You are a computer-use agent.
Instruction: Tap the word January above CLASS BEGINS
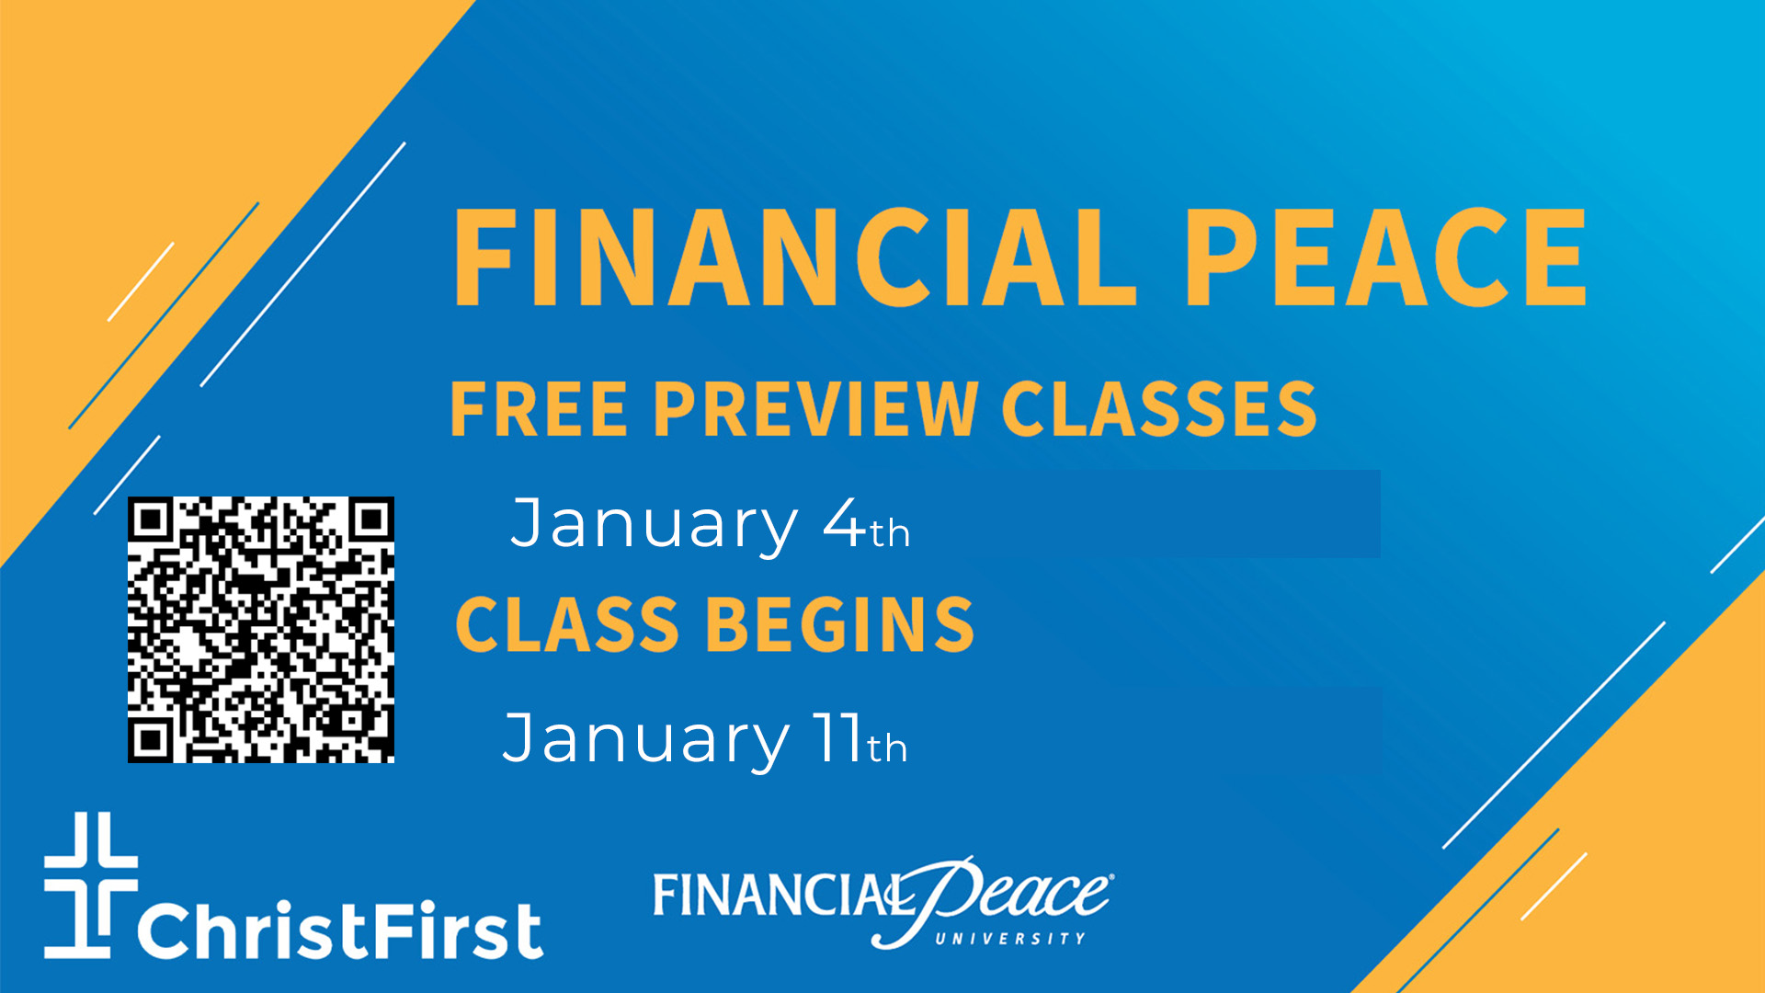655,525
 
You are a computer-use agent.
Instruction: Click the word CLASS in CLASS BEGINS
567,624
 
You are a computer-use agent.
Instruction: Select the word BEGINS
840,624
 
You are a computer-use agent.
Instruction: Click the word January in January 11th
646,740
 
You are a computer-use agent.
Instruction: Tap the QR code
261,630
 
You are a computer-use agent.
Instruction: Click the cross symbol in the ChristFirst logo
91,885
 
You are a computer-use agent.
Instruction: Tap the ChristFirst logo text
340,930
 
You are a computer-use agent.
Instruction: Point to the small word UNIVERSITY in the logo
1010,939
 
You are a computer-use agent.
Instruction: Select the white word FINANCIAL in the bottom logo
777,895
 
